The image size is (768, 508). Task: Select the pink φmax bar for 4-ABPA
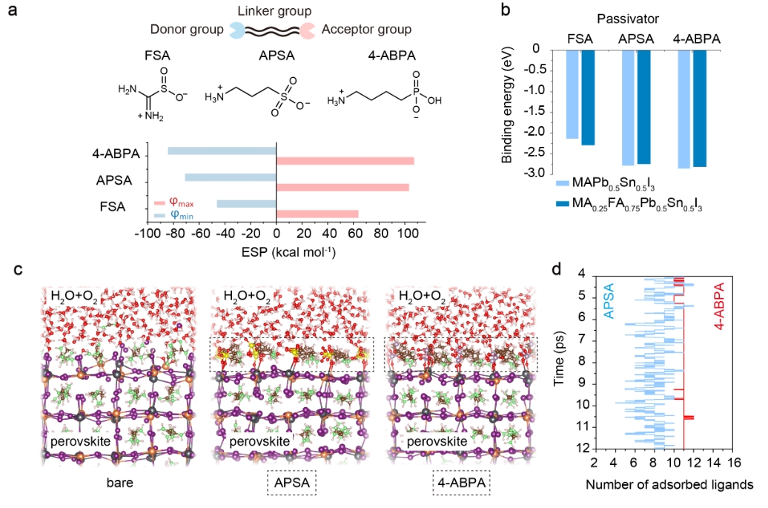[x=345, y=161]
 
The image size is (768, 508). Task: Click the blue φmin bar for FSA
[x=246, y=203]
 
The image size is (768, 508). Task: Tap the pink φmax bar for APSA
[x=342, y=187]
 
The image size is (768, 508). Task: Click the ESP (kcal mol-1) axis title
[x=276, y=252]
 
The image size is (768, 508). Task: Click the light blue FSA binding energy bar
[x=572, y=94]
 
